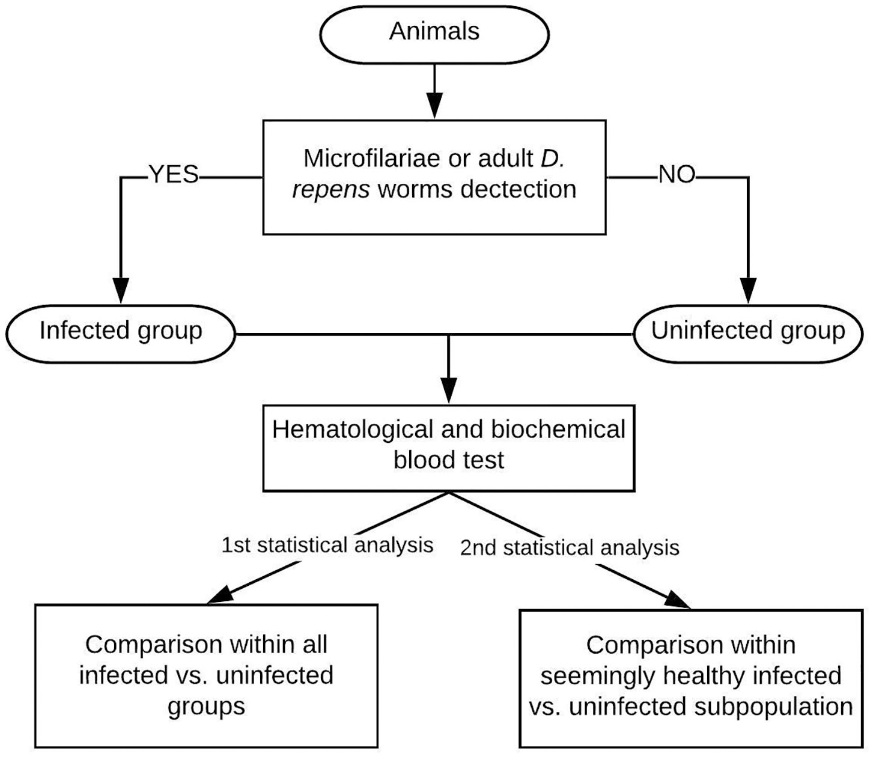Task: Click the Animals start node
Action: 434,31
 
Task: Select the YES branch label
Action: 174,175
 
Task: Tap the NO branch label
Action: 677,175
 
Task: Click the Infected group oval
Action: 120,331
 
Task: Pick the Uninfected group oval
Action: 748,331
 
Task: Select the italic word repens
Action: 330,189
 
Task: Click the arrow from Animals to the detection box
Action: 434,90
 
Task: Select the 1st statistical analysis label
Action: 327,545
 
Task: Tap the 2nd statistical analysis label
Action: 570,548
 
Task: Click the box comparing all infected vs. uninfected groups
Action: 206,675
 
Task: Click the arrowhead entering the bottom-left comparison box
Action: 221,595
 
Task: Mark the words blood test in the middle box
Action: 449,461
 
